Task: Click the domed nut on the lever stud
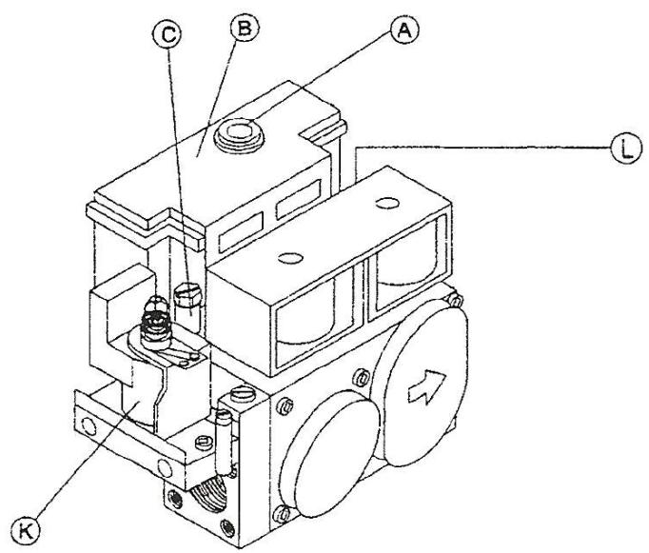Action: [150, 307]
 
